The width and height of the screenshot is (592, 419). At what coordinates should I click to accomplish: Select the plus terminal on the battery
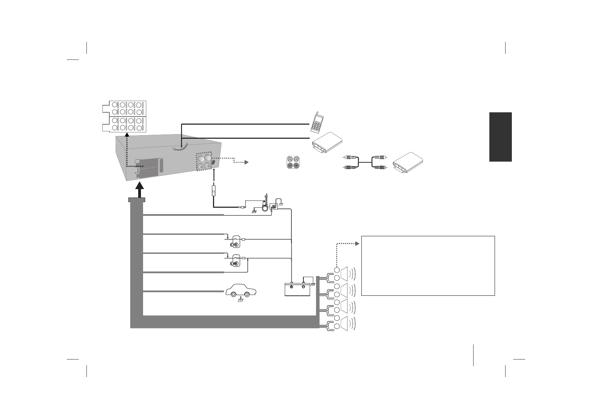291,287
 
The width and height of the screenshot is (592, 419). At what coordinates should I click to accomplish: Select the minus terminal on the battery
303,287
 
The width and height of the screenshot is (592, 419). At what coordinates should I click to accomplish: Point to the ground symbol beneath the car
241,301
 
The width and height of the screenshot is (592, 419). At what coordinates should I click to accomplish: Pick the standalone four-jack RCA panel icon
293,162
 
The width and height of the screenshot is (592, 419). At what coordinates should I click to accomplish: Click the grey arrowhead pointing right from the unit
246,162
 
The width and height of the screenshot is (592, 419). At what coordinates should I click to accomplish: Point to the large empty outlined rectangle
428,265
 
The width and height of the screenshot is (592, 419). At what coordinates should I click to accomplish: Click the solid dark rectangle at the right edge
500,137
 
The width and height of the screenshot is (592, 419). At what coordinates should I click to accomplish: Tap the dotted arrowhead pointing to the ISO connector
127,136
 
